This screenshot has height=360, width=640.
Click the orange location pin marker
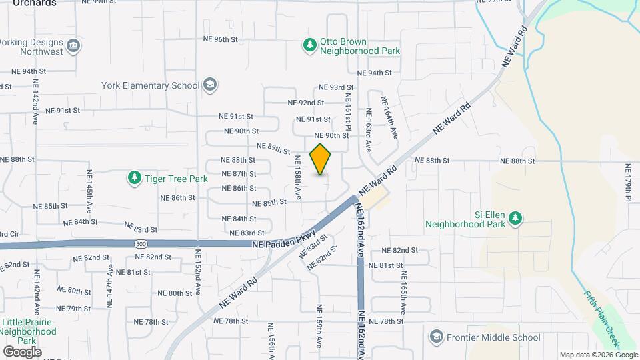[321, 159]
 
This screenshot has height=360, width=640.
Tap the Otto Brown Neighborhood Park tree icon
[309, 45]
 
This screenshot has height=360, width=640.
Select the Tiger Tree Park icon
[135, 178]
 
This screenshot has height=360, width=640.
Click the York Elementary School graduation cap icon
[210, 85]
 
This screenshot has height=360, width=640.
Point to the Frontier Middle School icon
[436, 337]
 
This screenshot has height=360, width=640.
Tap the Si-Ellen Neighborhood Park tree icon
[515, 219]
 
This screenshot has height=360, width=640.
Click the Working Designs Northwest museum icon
[74, 46]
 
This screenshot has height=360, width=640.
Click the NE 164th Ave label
[389, 117]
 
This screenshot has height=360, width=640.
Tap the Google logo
[22, 351]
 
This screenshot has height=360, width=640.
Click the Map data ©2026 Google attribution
[598, 355]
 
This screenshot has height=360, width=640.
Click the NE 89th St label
[273, 148]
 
